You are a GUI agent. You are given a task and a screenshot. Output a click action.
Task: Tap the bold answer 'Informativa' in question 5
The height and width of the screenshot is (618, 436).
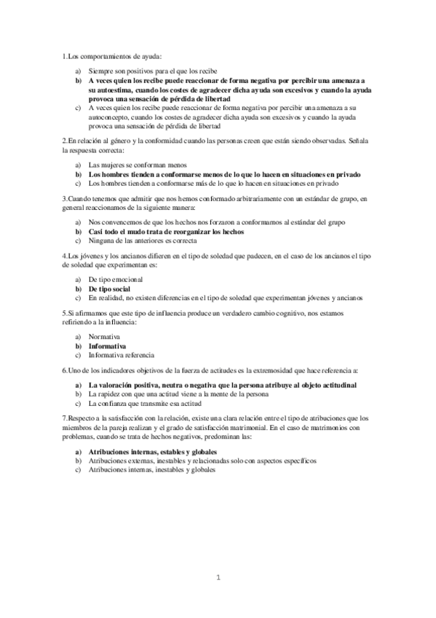tap(107, 346)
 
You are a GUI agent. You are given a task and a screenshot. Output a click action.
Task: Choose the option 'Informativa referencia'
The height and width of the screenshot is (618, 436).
tap(121, 355)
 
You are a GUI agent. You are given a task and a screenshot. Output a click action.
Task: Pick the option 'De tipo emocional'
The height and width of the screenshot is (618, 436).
tap(115, 279)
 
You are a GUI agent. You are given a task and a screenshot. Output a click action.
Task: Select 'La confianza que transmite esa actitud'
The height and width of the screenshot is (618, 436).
tap(146, 403)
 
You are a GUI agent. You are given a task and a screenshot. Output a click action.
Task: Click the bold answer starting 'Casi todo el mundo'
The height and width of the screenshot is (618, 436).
tap(165, 231)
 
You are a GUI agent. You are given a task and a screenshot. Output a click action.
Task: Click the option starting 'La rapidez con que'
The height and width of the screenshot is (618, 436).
tap(178, 394)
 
